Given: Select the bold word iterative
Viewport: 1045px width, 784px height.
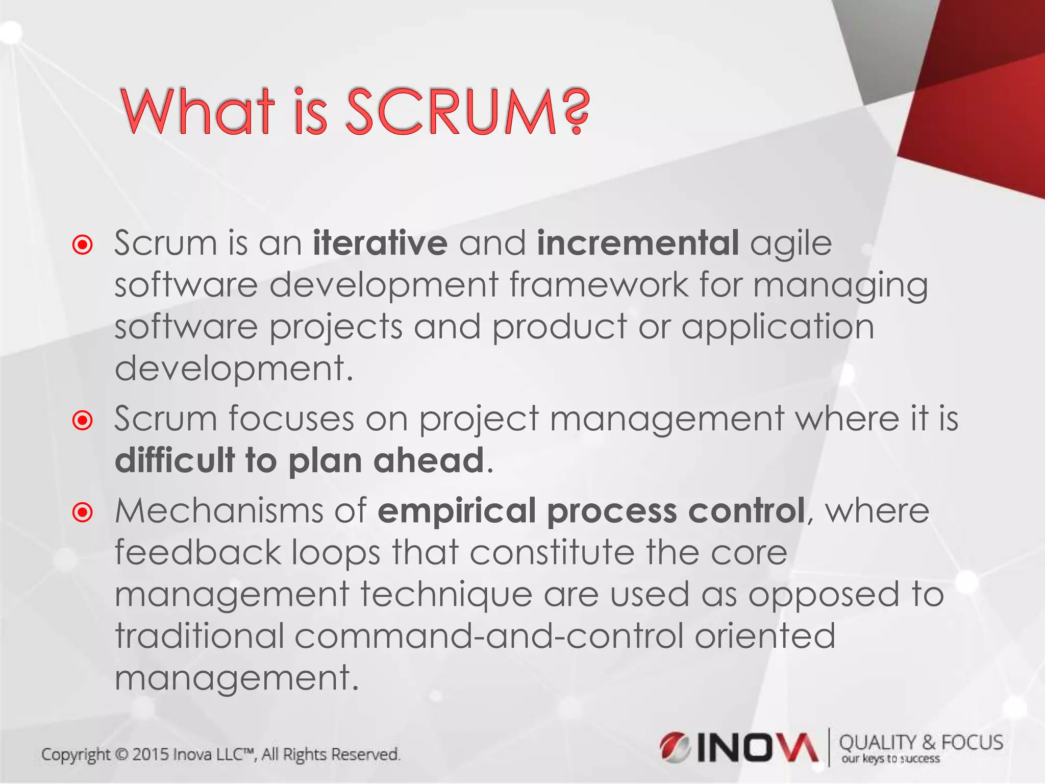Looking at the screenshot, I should click(380, 243).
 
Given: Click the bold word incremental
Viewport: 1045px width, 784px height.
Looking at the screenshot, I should click(638, 243).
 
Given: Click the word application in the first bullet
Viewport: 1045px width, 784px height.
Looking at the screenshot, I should click(778, 327).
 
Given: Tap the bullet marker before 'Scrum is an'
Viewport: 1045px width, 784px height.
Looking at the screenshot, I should click(83, 244).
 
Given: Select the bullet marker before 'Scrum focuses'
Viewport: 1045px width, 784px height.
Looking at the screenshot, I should click(83, 421).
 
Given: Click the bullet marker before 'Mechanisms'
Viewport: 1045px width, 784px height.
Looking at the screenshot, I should click(83, 512).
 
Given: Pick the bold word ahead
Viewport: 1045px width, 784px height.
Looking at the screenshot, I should click(429, 460).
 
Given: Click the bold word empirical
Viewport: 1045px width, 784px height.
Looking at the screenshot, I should click(456, 511).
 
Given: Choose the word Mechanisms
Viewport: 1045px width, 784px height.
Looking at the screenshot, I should click(219, 510).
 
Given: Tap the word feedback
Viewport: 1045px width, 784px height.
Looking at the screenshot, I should click(198, 553).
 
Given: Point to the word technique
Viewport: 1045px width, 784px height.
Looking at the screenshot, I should click(446, 595).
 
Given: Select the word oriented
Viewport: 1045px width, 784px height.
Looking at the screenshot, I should click(765, 636).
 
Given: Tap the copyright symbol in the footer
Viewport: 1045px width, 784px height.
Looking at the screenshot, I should click(121, 754).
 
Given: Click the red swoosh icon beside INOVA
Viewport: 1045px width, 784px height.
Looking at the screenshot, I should click(675, 747).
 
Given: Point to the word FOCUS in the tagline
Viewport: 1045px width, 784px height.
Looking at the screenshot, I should click(972, 743).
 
